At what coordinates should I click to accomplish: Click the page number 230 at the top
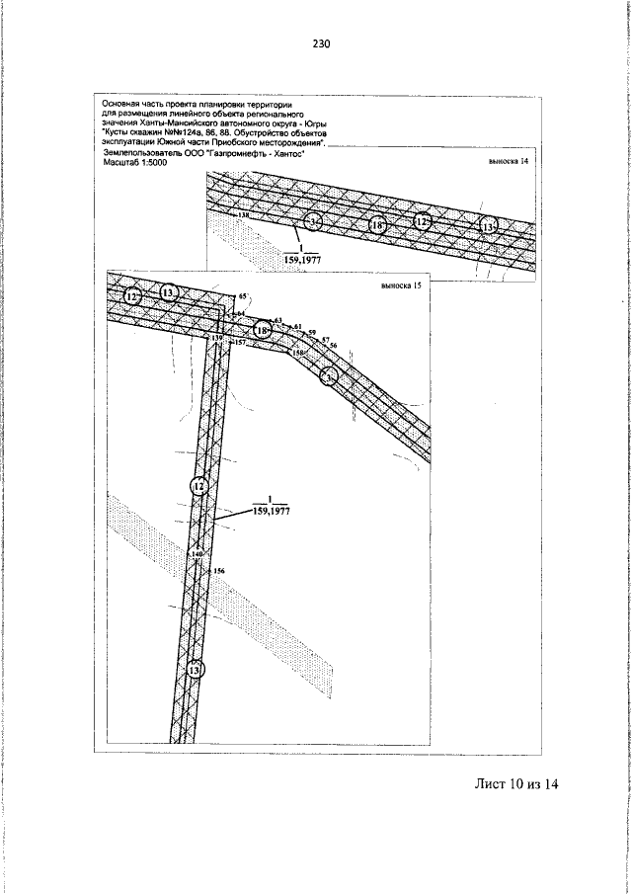pyautogui.click(x=320, y=44)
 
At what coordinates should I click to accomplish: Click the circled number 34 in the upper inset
pyautogui.click(x=314, y=222)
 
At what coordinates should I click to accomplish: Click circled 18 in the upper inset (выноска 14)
pyautogui.click(x=378, y=225)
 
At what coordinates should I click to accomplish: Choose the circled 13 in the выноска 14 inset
pyautogui.click(x=488, y=227)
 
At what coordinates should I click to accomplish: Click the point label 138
pyautogui.click(x=244, y=214)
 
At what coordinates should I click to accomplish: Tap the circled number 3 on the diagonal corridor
pyautogui.click(x=330, y=375)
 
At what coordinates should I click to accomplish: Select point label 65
pyautogui.click(x=241, y=295)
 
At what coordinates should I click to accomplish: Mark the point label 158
pyautogui.click(x=298, y=352)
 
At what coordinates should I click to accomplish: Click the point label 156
pyautogui.click(x=219, y=572)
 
